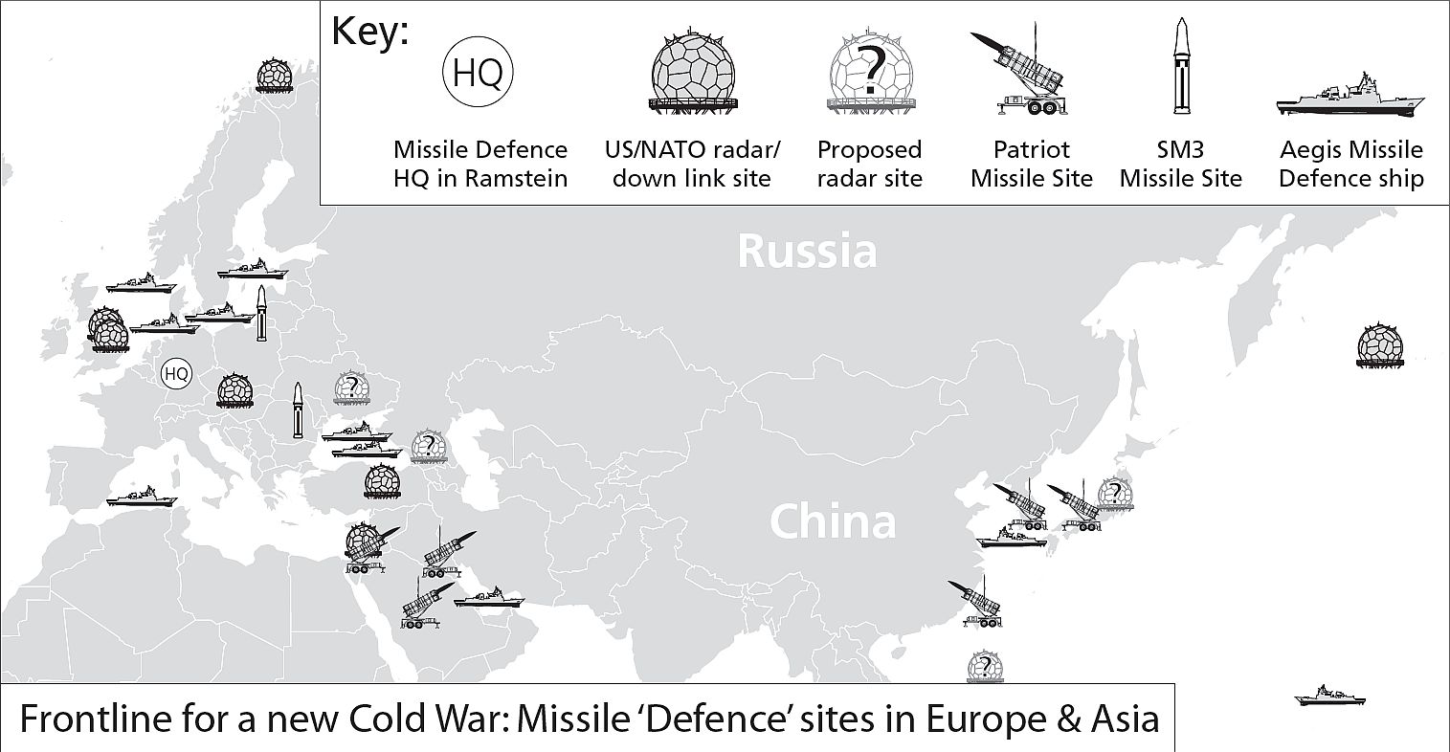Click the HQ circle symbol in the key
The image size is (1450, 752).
pyautogui.click(x=478, y=73)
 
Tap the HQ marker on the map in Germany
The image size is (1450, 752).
pyautogui.click(x=176, y=374)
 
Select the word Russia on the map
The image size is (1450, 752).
pyautogui.click(x=807, y=251)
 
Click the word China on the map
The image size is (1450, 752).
pyautogui.click(x=832, y=522)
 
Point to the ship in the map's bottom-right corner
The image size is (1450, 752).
pyautogui.click(x=1329, y=696)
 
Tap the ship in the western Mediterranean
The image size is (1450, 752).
pyautogui.click(x=142, y=497)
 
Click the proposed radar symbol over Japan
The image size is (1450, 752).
pyautogui.click(x=1113, y=493)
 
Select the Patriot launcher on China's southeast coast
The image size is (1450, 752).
pyautogui.click(x=977, y=603)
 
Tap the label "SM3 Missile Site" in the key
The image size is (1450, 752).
pyautogui.click(x=1180, y=164)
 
